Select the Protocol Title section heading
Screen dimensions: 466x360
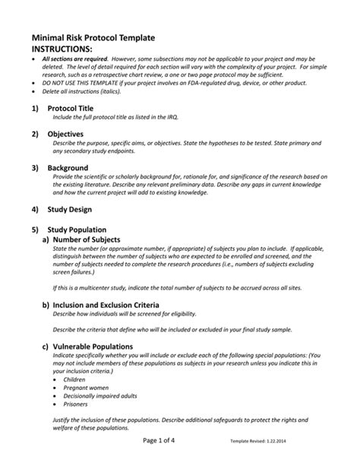pos(71,109)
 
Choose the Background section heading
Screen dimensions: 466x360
pos(68,167)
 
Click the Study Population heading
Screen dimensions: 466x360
pos(77,229)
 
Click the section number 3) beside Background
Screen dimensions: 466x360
pos(34,167)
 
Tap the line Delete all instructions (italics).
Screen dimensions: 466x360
pos(84,91)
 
